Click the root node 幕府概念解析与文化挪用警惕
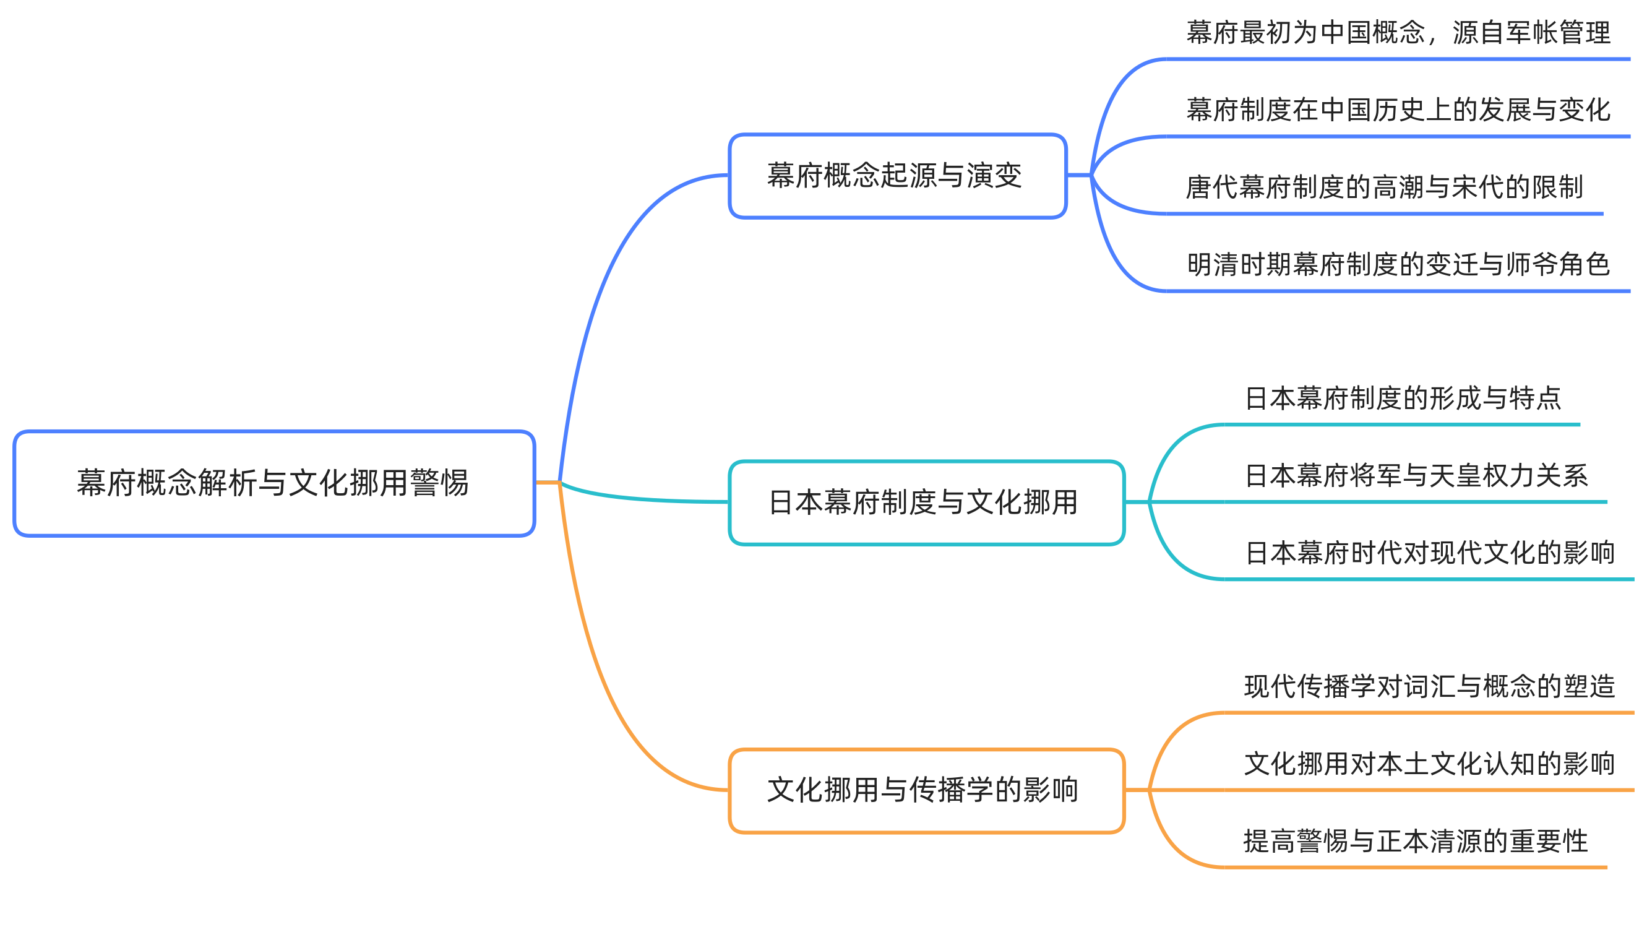[273, 483]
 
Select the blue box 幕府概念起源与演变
[897, 176]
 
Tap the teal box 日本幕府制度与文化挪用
[926, 502]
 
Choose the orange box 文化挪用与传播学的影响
[926, 790]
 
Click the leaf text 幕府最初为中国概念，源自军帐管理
[1398, 33]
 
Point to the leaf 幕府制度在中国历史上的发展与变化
[1398, 110]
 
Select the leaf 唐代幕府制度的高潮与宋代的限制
[1384, 188]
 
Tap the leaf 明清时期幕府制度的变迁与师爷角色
[1398, 265]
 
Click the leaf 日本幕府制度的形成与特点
[1403, 399]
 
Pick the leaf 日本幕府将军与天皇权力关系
[1416, 476]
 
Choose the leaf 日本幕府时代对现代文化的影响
[1430, 553]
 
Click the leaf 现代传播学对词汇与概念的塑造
[1430, 687]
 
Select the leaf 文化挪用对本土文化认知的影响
[1430, 764]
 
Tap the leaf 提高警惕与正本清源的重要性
[1416, 842]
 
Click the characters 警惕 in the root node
[439, 483]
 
